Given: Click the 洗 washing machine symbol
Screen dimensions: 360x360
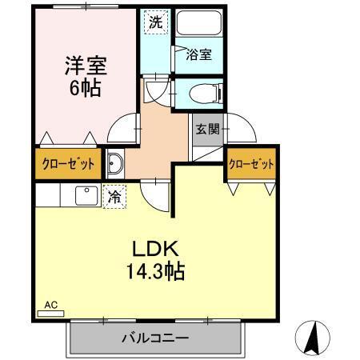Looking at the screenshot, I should (155, 22).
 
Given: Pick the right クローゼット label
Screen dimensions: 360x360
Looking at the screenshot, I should (250, 164).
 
